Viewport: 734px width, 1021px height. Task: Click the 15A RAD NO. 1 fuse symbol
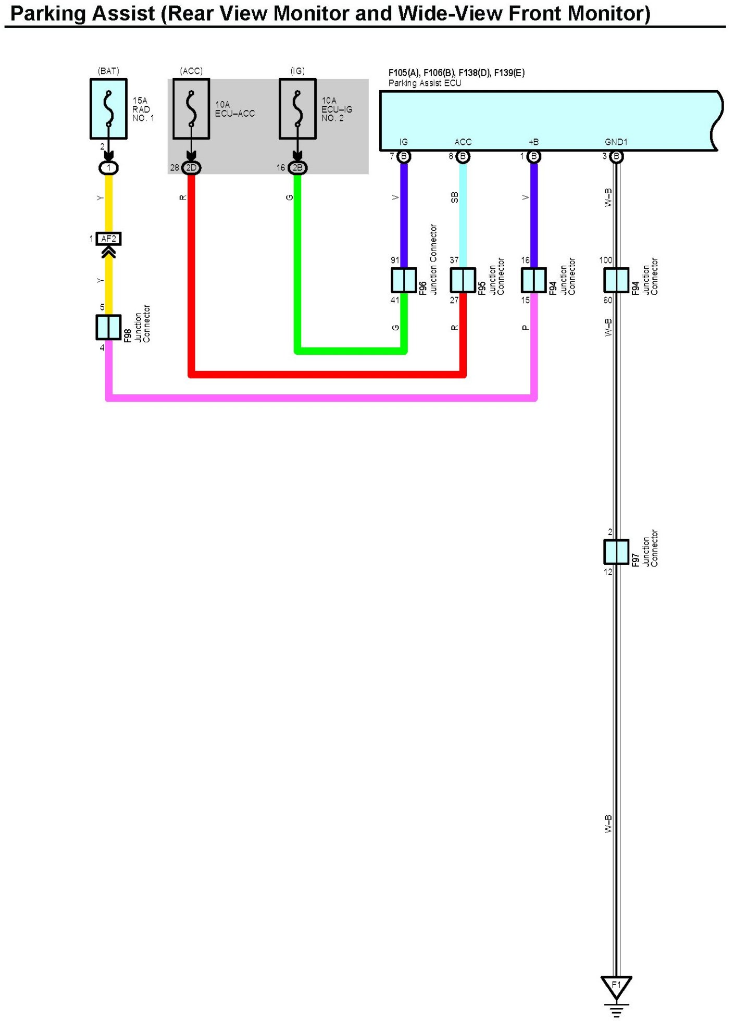click(x=108, y=109)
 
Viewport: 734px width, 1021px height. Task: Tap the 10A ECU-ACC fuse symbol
click(x=191, y=109)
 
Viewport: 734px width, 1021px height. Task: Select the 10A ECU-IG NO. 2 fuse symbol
click(x=297, y=109)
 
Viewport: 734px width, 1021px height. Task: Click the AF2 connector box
click(x=109, y=239)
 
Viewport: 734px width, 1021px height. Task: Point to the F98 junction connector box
click(x=108, y=327)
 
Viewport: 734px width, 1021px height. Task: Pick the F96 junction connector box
click(x=404, y=280)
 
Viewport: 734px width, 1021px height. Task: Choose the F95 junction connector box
click(x=463, y=280)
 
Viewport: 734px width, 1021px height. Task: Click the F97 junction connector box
click(x=616, y=552)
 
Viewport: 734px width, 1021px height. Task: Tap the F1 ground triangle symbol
click(x=616, y=987)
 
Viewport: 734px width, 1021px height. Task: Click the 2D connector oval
click(x=191, y=168)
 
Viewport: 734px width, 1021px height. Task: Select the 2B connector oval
click(x=297, y=168)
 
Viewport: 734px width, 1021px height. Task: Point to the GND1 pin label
click(x=616, y=142)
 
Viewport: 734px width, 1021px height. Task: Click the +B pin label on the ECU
click(x=533, y=142)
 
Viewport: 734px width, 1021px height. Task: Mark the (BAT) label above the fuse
click(x=108, y=71)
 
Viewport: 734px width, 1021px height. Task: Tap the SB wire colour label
click(x=454, y=197)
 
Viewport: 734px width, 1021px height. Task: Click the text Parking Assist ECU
click(x=425, y=83)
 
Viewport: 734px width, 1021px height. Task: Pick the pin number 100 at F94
click(x=605, y=260)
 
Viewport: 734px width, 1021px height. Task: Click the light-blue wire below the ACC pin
click(x=463, y=219)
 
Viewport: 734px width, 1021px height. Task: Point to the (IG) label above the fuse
click(x=297, y=71)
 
